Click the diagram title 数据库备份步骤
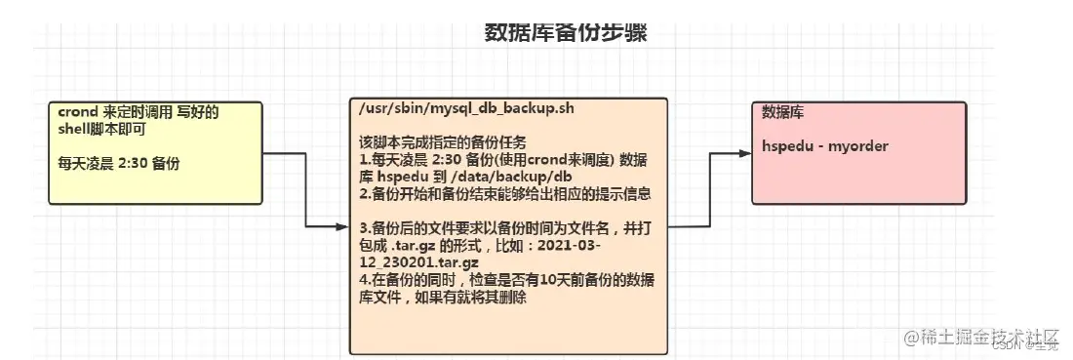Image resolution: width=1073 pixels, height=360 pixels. tap(566, 32)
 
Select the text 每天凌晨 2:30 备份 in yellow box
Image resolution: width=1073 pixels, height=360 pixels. tap(119, 163)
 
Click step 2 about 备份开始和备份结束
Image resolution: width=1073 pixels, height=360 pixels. tap(504, 193)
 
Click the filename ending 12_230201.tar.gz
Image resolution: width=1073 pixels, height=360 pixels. tap(419, 263)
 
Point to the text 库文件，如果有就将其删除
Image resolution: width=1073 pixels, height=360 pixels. tap(444, 298)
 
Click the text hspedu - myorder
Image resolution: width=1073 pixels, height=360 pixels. tap(812, 146)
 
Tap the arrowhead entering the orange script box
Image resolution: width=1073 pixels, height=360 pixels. tap(342, 227)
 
